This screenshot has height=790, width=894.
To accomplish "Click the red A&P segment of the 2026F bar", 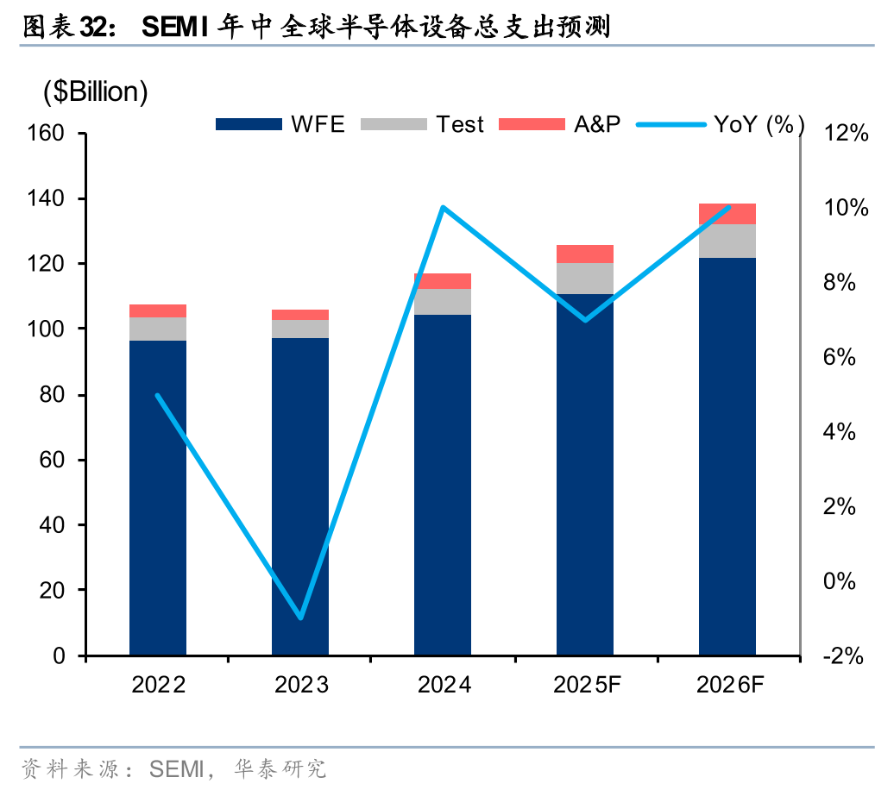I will coord(727,214).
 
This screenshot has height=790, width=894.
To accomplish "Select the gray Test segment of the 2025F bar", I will coord(585,278).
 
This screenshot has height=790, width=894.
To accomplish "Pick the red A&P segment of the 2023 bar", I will coord(300,315).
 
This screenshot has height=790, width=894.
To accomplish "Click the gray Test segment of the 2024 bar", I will coord(443,302).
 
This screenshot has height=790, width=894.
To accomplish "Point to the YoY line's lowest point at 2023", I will coord(300,618).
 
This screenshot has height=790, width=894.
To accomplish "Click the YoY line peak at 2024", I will coord(443,207).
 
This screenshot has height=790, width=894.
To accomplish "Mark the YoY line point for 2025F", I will coord(585,320).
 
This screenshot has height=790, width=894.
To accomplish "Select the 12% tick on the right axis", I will coord(845,134).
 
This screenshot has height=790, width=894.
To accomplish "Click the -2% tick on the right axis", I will coord(843,656).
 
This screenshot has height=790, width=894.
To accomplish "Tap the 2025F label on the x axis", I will coord(587,686).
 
